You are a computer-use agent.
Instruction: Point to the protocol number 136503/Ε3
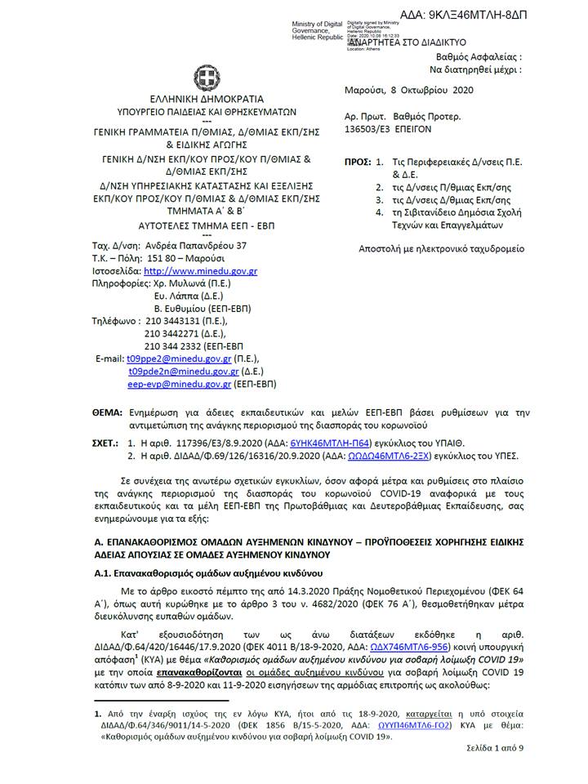tap(368, 129)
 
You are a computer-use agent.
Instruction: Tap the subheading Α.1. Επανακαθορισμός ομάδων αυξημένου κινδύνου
tap(211, 573)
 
